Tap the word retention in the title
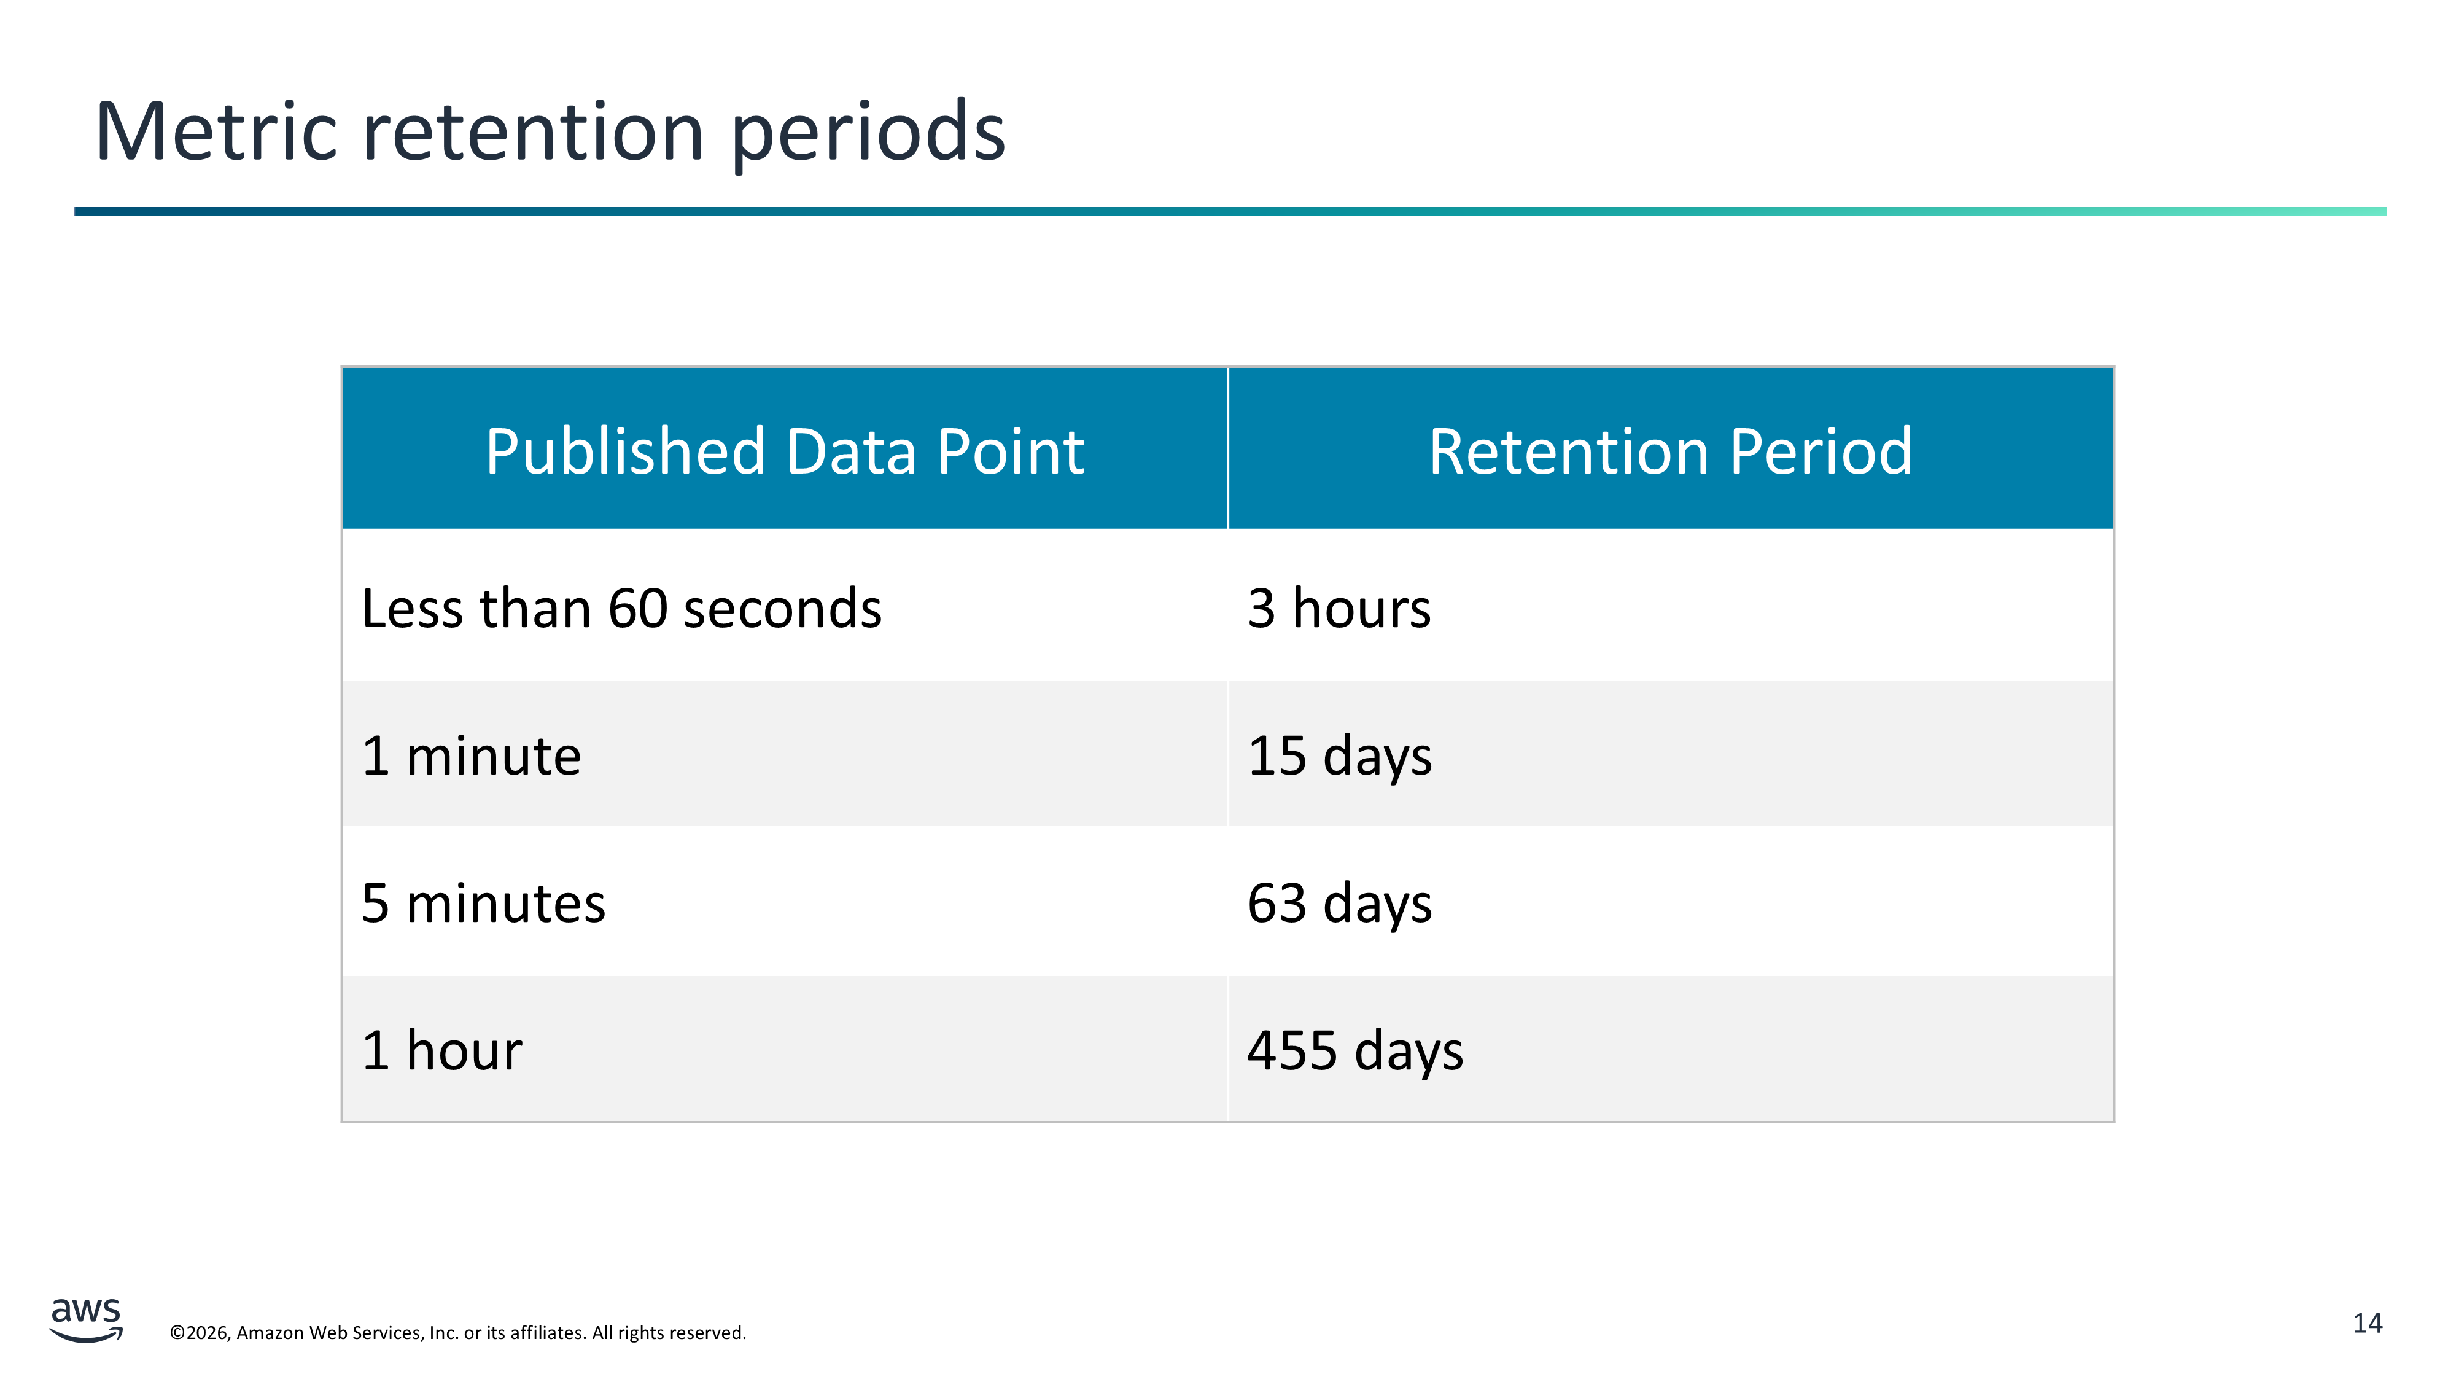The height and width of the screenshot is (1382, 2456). click(x=534, y=133)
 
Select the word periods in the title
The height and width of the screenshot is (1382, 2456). click(x=869, y=135)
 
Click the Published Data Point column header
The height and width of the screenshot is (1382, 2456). click(x=785, y=450)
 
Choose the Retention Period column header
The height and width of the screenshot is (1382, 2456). click(x=1670, y=450)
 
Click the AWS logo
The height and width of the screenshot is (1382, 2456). click(x=86, y=1320)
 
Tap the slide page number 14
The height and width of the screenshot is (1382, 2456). click(x=2368, y=1324)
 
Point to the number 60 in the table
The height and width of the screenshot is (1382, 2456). click(x=639, y=609)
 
